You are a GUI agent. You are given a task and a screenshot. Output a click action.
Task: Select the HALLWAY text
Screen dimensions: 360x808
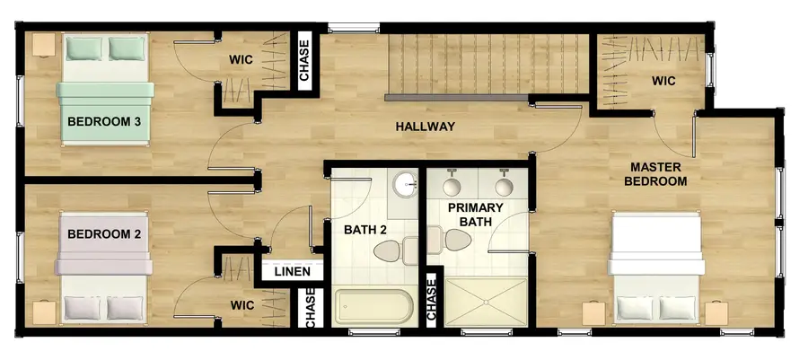click(426, 127)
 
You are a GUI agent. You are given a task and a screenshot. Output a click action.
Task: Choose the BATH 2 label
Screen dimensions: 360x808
click(365, 230)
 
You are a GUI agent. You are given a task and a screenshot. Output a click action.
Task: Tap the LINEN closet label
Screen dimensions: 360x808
click(293, 271)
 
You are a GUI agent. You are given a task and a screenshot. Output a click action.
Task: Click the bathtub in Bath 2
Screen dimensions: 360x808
click(373, 309)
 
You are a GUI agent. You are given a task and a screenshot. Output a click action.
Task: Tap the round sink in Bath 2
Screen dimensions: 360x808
click(407, 185)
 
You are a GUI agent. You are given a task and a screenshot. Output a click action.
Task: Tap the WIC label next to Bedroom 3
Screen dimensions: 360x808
click(241, 60)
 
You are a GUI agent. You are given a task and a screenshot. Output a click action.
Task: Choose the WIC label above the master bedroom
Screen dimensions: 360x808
click(663, 81)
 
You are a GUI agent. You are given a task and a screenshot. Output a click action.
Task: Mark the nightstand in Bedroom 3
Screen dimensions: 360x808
click(43, 45)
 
